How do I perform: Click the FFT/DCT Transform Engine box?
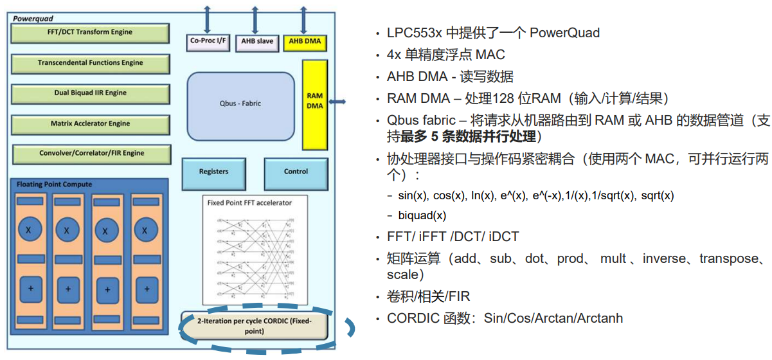click(90, 32)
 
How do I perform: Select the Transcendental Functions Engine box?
click(90, 63)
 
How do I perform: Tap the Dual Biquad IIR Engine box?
click(90, 93)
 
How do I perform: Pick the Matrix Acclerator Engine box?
click(90, 123)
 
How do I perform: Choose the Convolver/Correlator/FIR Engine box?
click(91, 154)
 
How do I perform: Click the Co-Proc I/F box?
click(208, 42)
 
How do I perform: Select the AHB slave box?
click(256, 42)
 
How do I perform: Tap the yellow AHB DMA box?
click(305, 42)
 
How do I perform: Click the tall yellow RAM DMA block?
click(315, 100)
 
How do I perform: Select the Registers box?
click(213, 172)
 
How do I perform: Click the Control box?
click(296, 172)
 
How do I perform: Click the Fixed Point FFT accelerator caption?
click(249, 203)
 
